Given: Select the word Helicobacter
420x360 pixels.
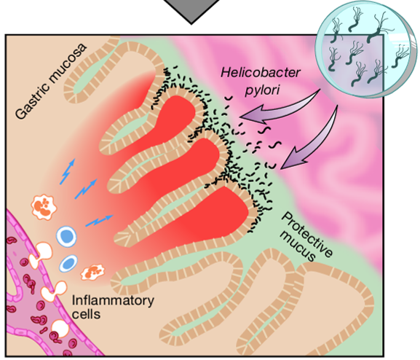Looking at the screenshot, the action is [261, 73].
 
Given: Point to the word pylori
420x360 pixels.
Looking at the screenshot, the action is [262, 90].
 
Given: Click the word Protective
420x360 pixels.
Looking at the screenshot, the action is [307, 234].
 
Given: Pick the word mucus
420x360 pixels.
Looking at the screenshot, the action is [297, 246].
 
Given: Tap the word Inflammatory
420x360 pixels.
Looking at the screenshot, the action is [113, 301].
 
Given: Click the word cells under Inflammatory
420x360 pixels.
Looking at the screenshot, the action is [86, 314].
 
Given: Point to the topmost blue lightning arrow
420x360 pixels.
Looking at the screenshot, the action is [67, 172].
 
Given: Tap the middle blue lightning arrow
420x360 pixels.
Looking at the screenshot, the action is [86, 189].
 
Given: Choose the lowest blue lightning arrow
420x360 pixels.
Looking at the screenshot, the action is [99, 221].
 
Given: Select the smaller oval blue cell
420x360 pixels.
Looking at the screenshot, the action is [68, 263].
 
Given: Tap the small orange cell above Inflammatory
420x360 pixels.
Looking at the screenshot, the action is [92, 273].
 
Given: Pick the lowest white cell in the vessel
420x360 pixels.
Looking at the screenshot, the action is [60, 329].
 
